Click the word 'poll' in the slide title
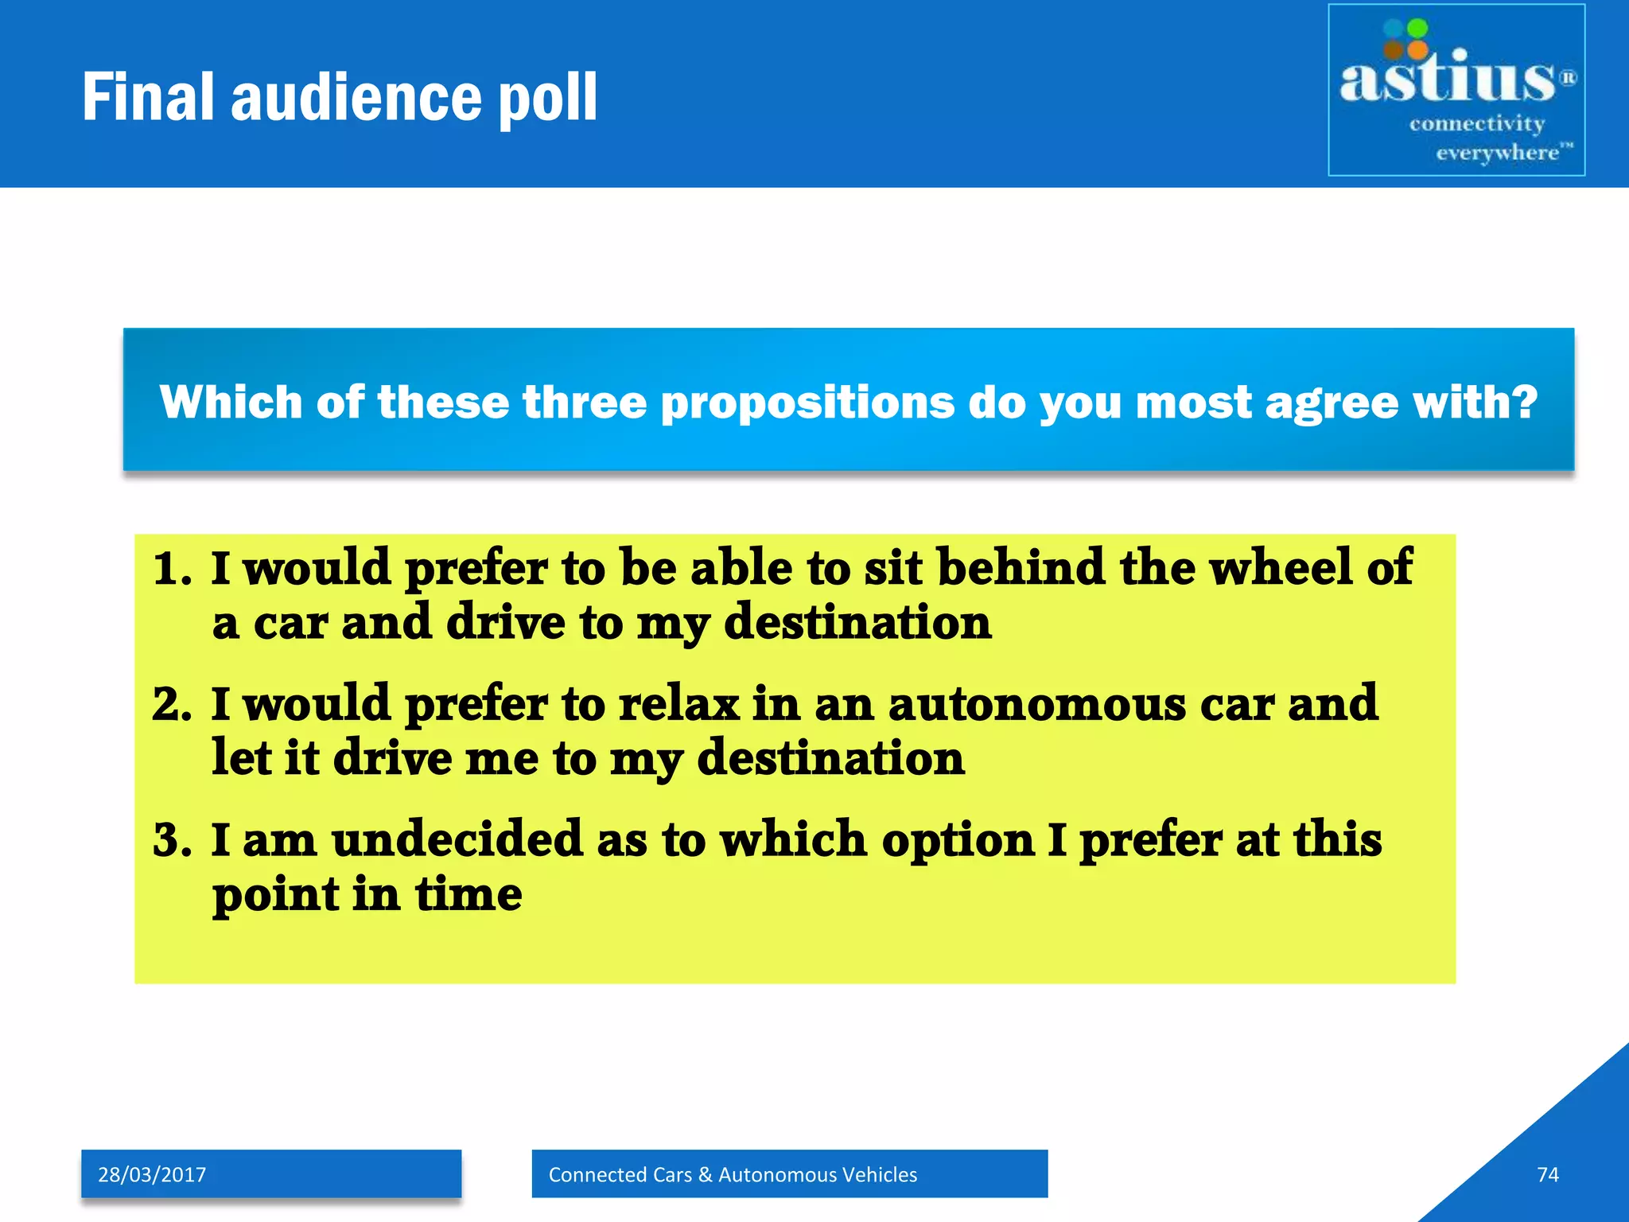pos(546,98)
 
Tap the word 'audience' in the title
pos(356,98)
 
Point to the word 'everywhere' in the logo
pos(1497,152)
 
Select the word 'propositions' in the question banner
pos(807,403)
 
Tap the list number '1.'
pos(172,569)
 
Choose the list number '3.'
pos(172,840)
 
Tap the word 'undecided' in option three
pos(457,839)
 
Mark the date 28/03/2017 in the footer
pos(152,1174)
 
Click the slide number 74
pos(1547,1174)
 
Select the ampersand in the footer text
pos(705,1174)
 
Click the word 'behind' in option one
pos(1021,567)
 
